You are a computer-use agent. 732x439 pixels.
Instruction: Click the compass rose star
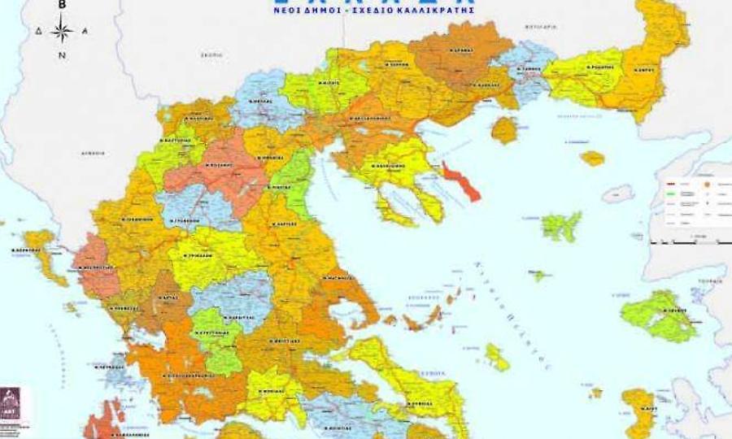[62, 32]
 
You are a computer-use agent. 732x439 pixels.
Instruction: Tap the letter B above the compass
[62, 5]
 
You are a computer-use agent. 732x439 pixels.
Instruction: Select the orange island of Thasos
[504, 129]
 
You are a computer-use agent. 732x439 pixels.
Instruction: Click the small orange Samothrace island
[592, 158]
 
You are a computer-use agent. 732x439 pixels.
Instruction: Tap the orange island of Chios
[638, 405]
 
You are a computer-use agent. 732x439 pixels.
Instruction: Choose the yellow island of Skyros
[496, 356]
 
